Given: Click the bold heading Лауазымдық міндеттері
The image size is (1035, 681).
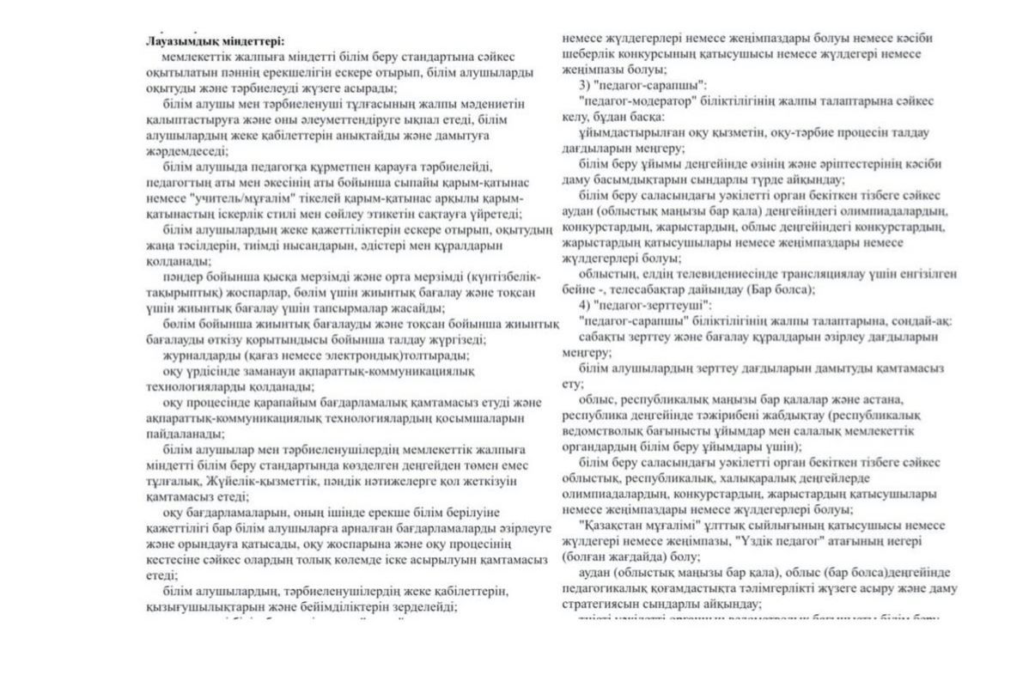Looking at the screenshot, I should [215, 40].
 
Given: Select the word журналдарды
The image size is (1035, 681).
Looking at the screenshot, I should [202, 354].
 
